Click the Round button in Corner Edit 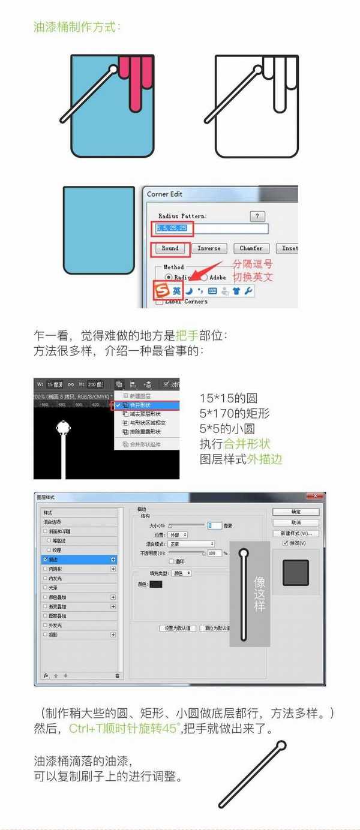click(170, 248)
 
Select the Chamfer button click(251, 248)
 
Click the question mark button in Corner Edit click(257, 216)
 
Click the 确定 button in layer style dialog click(295, 512)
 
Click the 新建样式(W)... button click(295, 533)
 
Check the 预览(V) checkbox click(286, 543)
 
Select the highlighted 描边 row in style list click(78, 559)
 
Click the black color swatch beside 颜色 click(155, 584)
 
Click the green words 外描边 click(265, 459)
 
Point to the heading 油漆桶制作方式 click(76, 27)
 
